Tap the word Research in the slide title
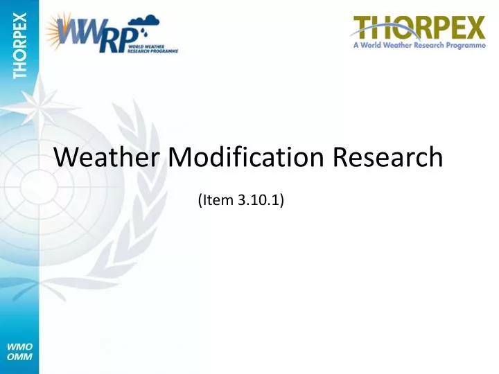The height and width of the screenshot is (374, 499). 387,158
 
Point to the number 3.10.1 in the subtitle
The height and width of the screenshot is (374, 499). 259,201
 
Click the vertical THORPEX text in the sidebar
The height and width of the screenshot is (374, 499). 19,44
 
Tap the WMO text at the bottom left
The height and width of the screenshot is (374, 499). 19,346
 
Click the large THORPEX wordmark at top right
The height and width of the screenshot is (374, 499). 419,29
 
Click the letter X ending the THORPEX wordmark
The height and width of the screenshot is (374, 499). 473,29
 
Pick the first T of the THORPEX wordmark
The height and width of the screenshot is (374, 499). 362,29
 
